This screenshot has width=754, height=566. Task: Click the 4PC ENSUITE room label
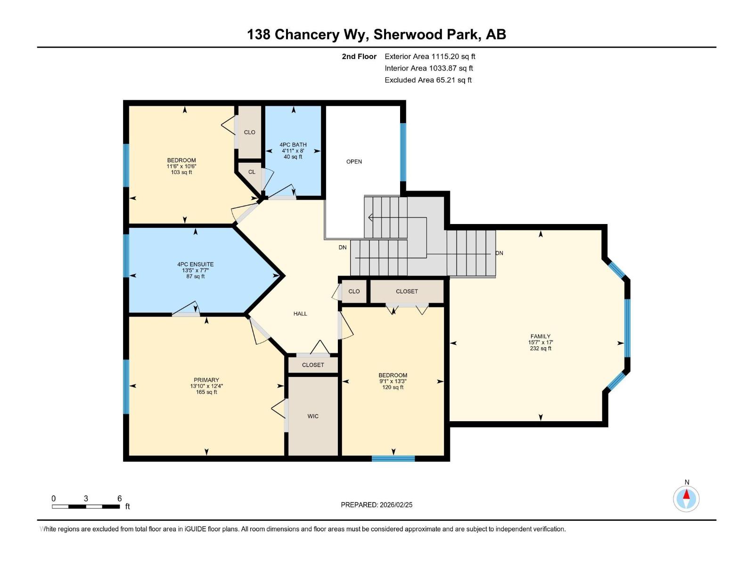(196, 264)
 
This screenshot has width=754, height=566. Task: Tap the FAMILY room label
(541, 336)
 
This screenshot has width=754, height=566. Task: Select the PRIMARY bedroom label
(206, 380)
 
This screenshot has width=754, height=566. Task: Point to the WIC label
(312, 416)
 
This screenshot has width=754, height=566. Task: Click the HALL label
(300, 313)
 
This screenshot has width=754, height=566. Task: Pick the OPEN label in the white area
(354, 161)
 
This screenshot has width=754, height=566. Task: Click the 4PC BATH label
(293, 145)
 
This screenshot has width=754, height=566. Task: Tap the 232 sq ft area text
(541, 348)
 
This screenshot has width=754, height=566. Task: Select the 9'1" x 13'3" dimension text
(393, 381)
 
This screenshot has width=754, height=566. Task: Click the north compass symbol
(686, 499)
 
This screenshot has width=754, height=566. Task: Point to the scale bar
(86, 507)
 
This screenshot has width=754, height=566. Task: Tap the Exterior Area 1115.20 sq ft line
(430, 56)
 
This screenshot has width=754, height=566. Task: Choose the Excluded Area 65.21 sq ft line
(428, 80)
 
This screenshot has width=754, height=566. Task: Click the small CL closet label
(252, 172)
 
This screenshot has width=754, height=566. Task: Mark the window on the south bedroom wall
(393, 458)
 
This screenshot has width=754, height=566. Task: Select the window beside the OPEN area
(403, 152)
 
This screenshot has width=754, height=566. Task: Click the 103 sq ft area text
(181, 172)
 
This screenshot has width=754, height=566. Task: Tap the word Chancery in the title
(307, 35)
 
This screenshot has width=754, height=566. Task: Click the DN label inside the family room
(499, 253)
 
